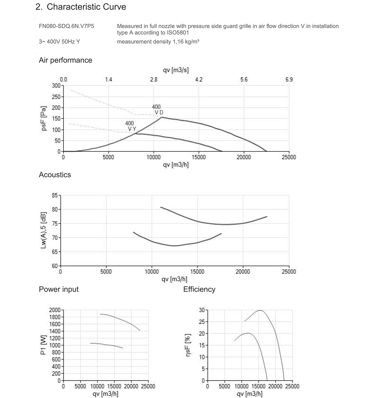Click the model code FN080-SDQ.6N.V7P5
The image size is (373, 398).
click(66, 26)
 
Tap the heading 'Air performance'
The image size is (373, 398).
click(66, 60)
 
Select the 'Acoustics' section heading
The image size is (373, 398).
click(55, 175)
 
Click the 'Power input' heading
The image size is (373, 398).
click(59, 289)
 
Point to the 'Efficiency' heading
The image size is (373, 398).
click(199, 289)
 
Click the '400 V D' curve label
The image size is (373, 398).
click(157, 110)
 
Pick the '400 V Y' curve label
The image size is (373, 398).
click(131, 126)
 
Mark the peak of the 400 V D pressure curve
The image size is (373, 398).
click(162, 117)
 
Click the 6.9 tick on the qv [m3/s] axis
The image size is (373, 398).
click(289, 79)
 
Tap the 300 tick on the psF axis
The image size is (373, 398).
click(56, 86)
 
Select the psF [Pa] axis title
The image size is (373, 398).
click(44, 119)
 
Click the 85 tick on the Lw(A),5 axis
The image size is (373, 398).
click(55, 195)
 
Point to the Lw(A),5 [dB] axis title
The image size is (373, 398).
click(44, 230)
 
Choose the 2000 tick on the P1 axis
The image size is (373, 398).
click(55, 310)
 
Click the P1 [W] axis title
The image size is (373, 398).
click(44, 345)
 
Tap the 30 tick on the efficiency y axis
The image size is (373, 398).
click(202, 310)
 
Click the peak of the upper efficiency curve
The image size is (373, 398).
click(260, 310)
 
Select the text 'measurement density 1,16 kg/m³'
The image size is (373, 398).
click(158, 42)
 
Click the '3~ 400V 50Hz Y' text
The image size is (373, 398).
click(59, 42)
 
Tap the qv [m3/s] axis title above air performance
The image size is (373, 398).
click(176, 70)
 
